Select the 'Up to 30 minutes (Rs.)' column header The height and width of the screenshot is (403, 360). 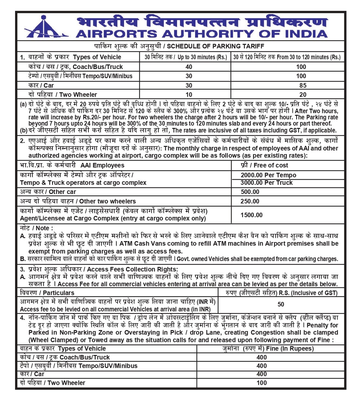click(186, 57)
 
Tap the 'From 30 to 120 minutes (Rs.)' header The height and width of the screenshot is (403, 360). click(287, 57)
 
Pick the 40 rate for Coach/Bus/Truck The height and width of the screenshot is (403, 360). click(189, 67)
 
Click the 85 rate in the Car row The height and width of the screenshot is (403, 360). click(303, 85)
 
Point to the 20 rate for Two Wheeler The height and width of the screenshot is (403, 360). click(303, 95)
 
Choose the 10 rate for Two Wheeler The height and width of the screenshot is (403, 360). click(189, 95)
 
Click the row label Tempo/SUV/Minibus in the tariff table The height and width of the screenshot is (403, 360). click(81, 76)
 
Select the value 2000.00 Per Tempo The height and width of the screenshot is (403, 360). click(268, 175)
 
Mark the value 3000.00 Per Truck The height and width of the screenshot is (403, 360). click(266, 183)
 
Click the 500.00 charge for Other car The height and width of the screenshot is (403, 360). click(250, 192)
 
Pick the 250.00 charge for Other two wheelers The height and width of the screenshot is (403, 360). click(250, 201)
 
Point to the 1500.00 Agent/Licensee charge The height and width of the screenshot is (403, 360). click(251, 215)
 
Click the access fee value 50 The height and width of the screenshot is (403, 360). click(281, 304)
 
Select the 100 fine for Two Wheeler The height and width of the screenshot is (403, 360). click(261, 383)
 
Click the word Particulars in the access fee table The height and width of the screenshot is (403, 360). click(59, 293)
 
